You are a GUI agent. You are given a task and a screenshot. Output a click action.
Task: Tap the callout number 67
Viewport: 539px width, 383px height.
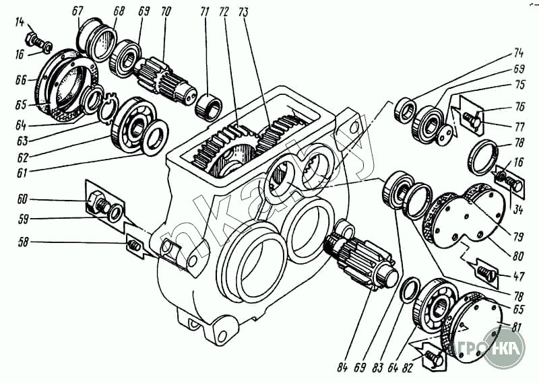[x=77, y=11]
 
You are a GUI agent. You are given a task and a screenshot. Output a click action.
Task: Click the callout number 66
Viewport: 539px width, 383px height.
[x=21, y=79]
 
